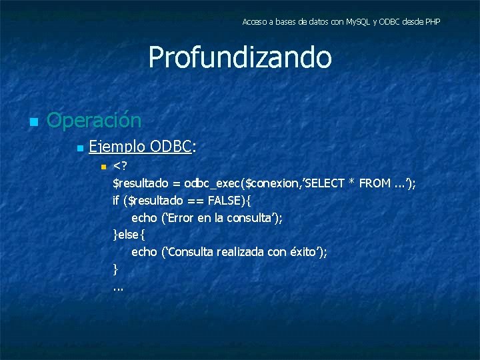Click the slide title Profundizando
click(239, 57)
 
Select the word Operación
click(94, 121)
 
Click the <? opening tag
click(121, 165)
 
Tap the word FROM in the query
click(375, 183)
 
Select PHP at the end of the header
click(432, 22)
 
